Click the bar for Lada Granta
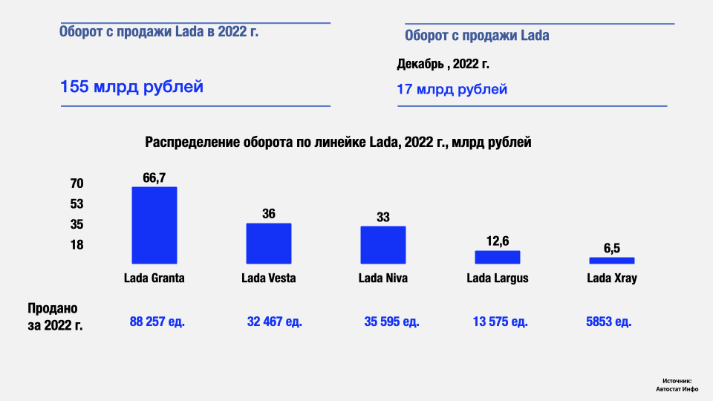pyautogui.click(x=154, y=225)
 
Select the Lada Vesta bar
pyautogui.click(x=269, y=244)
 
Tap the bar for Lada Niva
pyautogui.click(x=383, y=245)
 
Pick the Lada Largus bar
pyautogui.click(x=498, y=257)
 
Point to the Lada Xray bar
pyautogui.click(x=612, y=261)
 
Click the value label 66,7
pyautogui.click(x=154, y=177)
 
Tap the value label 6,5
pyautogui.click(x=612, y=248)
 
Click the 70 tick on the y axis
pyautogui.click(x=77, y=183)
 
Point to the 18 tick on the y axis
pyautogui.click(x=77, y=245)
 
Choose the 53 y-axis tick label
pyautogui.click(x=77, y=204)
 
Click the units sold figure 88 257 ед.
pyautogui.click(x=157, y=322)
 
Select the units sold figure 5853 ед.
pyautogui.click(x=609, y=322)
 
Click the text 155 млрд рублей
pyautogui.click(x=131, y=87)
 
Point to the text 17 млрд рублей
pyautogui.click(x=452, y=89)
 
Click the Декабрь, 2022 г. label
pyautogui.click(x=443, y=65)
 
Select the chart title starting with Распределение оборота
pyautogui.click(x=338, y=143)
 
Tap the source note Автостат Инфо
pyautogui.click(x=677, y=388)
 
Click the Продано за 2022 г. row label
pyautogui.click(x=54, y=316)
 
